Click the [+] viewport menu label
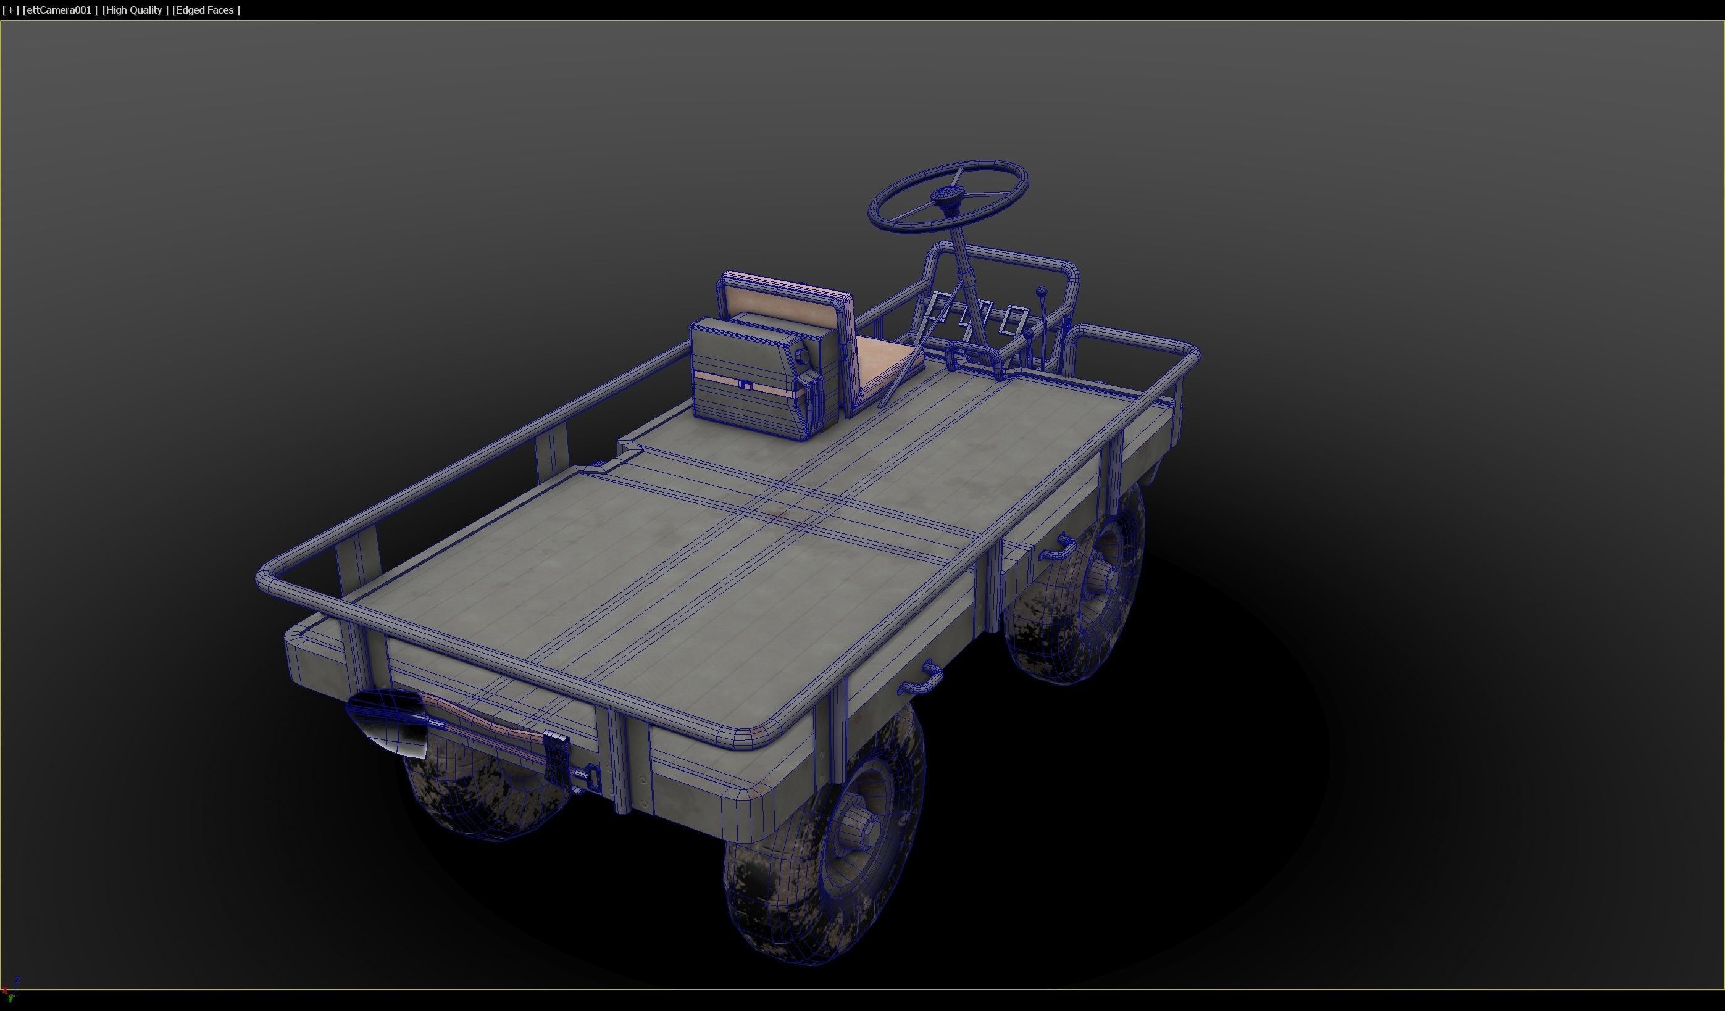coord(10,10)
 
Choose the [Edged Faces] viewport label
coord(206,10)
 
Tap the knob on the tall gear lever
coord(1041,291)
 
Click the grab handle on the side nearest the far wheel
coord(1058,547)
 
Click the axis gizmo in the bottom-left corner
coord(9,991)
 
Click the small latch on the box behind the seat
coord(745,385)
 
